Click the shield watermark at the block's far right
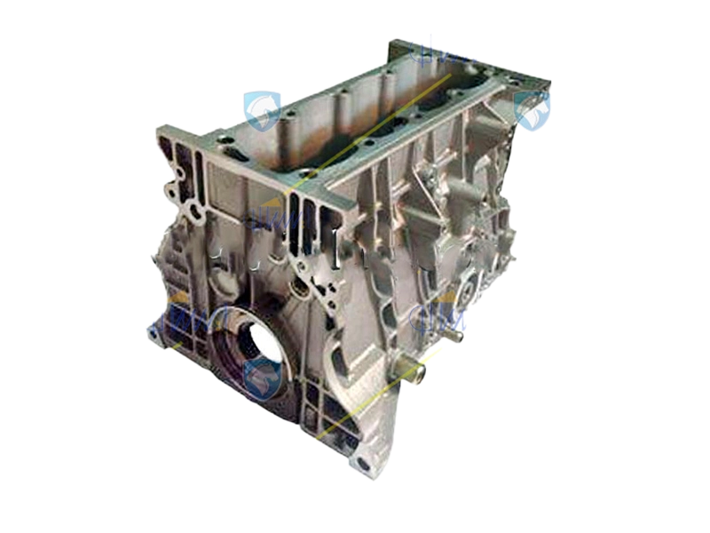pos(532,112)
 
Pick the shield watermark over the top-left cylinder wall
pos(264,110)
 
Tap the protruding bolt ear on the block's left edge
pos(169,189)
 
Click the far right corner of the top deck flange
pos(546,84)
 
